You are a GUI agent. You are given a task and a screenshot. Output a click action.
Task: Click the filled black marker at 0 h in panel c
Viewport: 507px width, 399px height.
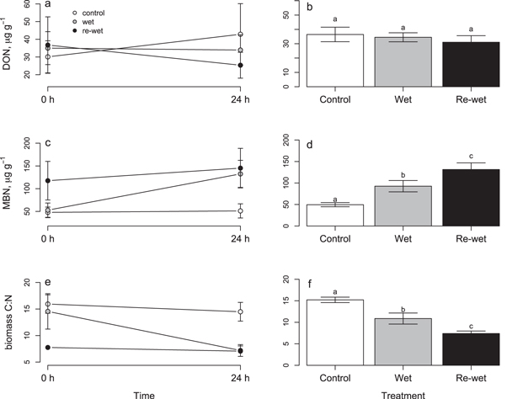47,180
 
